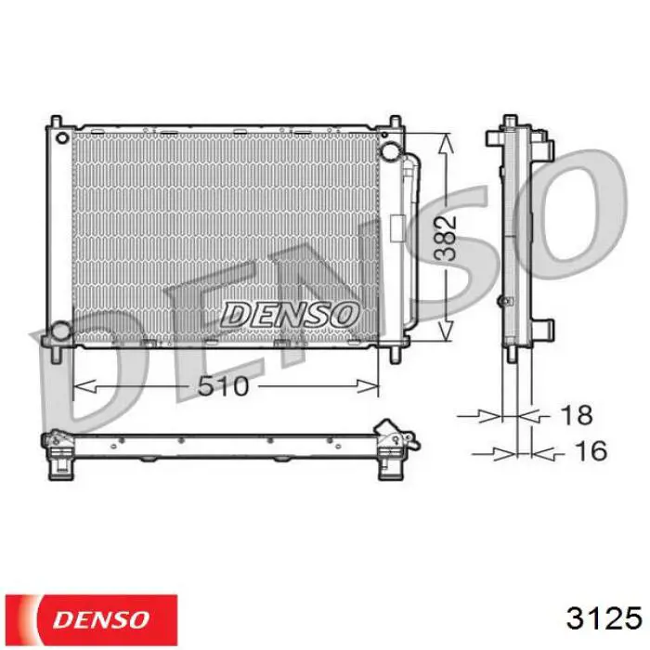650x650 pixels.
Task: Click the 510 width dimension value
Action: (x=223, y=384)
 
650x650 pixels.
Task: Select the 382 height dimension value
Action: (x=448, y=238)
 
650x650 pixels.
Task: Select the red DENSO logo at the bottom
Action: (x=93, y=618)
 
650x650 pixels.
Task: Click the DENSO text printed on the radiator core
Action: (x=289, y=314)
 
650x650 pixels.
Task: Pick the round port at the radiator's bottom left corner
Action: (x=60, y=330)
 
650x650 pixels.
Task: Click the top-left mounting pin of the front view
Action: (x=57, y=123)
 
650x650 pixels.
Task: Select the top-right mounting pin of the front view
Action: (x=396, y=123)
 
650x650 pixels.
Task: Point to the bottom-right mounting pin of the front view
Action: (x=396, y=354)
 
